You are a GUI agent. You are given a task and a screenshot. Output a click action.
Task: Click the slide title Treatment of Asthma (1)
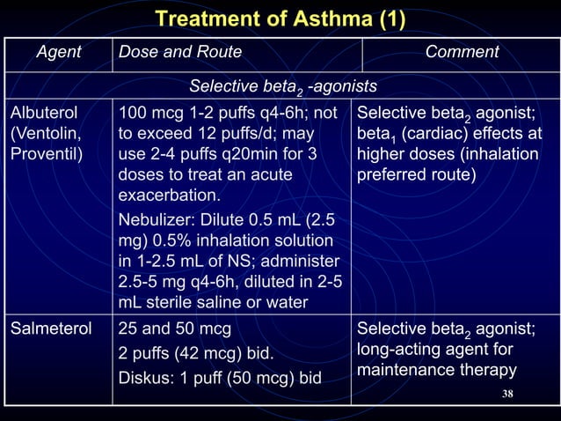pyautogui.click(x=280, y=18)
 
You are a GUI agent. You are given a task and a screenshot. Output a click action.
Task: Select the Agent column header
pyautogui.click(x=59, y=53)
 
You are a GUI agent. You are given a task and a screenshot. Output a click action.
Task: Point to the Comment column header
pyautogui.click(x=462, y=53)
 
